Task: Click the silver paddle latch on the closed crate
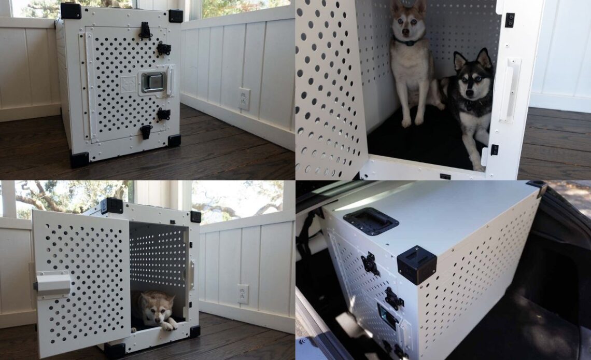(x=153, y=82)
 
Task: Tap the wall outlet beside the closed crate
(x=244, y=99)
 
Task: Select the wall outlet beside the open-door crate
(x=243, y=294)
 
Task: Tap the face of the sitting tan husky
(x=407, y=23)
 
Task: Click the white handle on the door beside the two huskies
(x=509, y=90)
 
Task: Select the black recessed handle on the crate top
(x=371, y=221)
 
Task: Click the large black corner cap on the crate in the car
(x=416, y=264)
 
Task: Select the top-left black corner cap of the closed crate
(x=71, y=11)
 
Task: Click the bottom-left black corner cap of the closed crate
(x=79, y=159)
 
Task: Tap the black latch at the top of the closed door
(x=145, y=30)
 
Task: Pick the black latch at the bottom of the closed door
(x=146, y=131)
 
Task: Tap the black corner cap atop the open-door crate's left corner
(x=111, y=205)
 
